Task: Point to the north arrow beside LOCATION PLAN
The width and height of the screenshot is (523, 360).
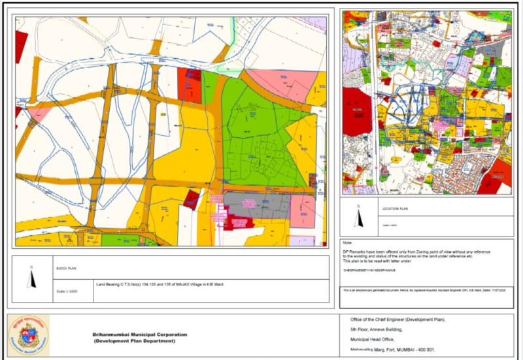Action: pyautogui.click(x=358, y=215)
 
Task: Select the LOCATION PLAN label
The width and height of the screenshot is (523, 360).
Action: pyautogui.click(x=395, y=209)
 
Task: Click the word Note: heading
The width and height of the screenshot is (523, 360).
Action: pyautogui.click(x=347, y=243)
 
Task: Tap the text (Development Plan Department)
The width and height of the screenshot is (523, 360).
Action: pyautogui.click(x=135, y=341)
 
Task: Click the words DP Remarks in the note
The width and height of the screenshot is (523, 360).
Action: pyautogui.click(x=354, y=252)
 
